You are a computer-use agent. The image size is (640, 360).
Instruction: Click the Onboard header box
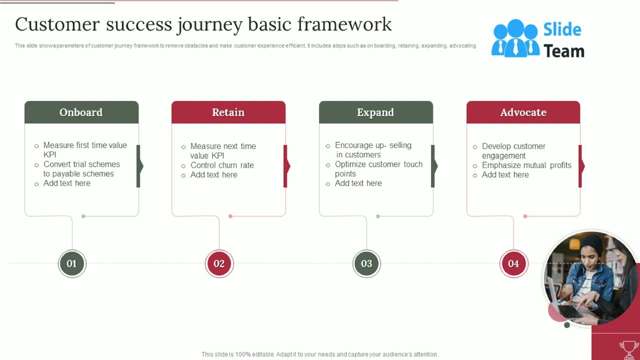[x=81, y=112]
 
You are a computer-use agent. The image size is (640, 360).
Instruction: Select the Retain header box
[x=228, y=112]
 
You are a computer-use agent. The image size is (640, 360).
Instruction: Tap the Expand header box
[x=375, y=112]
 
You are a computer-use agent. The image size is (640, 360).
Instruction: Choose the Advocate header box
[x=523, y=112]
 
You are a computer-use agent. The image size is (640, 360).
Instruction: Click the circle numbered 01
[x=72, y=263]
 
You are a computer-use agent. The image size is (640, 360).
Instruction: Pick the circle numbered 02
[x=219, y=263]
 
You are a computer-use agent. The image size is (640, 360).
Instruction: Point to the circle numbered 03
[x=366, y=263]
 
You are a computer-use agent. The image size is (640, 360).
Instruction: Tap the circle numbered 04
[x=513, y=263]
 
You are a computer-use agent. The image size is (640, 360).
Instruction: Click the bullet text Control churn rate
[x=222, y=165]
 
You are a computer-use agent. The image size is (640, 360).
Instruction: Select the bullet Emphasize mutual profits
[x=526, y=165]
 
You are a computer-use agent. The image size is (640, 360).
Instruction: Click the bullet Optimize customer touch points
[x=378, y=169]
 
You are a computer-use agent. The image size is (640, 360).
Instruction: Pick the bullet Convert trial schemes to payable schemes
[x=81, y=169]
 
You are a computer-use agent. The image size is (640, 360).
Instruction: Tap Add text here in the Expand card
[x=358, y=183]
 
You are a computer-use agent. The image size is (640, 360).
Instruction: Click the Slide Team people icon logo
[x=515, y=38]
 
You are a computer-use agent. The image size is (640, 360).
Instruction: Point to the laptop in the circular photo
[x=565, y=305]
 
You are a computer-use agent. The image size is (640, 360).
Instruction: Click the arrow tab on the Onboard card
[x=139, y=166]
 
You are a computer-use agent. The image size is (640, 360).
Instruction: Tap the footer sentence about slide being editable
[x=319, y=354]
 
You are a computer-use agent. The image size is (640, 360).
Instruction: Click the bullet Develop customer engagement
[x=513, y=151]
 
